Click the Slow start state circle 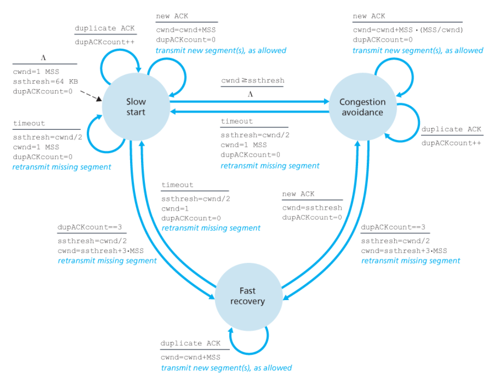136,107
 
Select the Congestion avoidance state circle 362,107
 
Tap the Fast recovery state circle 248,296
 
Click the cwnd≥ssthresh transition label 253,80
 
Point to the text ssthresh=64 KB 45,81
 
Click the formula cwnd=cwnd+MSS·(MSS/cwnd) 408,30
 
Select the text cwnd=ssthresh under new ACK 312,207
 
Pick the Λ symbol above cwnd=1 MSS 44,58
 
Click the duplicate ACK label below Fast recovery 190,343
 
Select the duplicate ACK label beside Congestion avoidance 451,129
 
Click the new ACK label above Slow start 172,16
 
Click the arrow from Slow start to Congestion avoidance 248,102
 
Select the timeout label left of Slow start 29,124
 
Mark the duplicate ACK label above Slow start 105,28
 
